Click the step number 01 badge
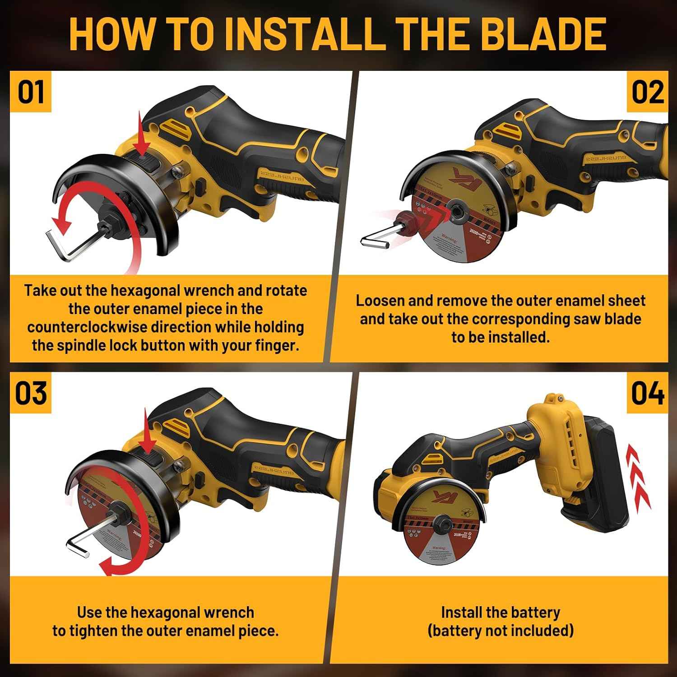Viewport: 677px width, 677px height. pos(31,92)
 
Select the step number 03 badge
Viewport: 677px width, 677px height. pos(31,393)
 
